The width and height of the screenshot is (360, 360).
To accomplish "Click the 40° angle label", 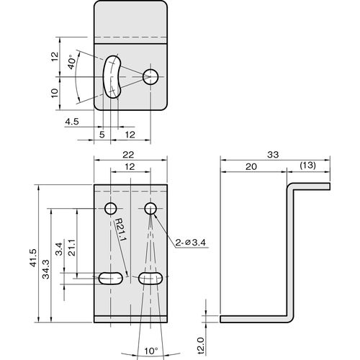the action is pyautogui.click(x=71, y=63).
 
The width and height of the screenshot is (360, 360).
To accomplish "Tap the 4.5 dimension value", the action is pyautogui.click(x=72, y=122).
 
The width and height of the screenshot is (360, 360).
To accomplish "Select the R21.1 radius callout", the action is pyautogui.click(x=120, y=229).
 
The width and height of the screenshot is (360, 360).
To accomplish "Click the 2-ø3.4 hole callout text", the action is pyautogui.click(x=191, y=243).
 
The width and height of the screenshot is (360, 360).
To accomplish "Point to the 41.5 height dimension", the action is pyautogui.click(x=34, y=258).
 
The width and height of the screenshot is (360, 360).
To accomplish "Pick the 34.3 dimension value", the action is pyautogui.click(x=45, y=269).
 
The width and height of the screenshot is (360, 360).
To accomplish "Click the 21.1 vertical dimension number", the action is pyautogui.click(x=72, y=248).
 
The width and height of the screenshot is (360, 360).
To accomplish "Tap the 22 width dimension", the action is pyautogui.click(x=128, y=155).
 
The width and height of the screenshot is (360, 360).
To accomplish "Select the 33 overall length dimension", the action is pyautogui.click(x=273, y=155).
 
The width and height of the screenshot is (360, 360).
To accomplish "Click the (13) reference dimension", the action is pyautogui.click(x=308, y=166).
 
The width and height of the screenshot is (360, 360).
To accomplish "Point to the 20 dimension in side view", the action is pyautogui.click(x=251, y=166).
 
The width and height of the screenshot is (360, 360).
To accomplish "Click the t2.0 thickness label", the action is pyautogui.click(x=200, y=345).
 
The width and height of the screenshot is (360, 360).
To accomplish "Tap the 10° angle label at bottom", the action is pyautogui.click(x=151, y=351).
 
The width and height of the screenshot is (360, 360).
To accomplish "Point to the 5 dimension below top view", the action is pyautogui.click(x=102, y=135).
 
